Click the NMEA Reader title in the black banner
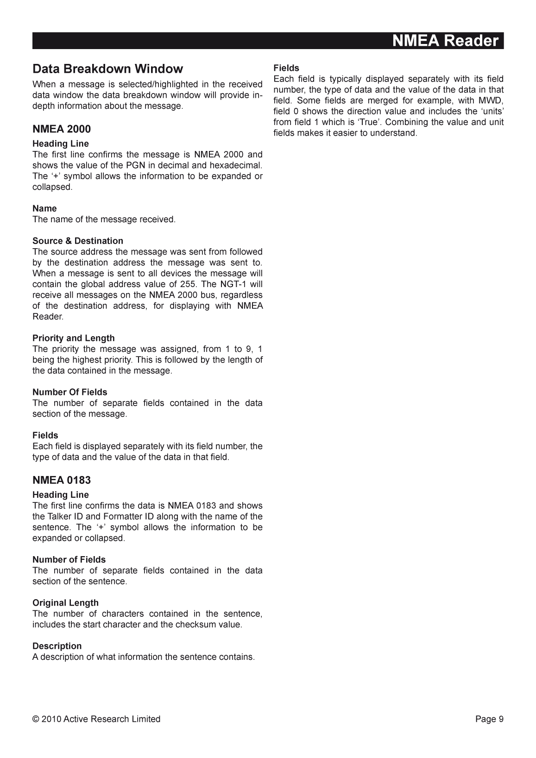click(445, 41)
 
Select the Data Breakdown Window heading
click(107, 69)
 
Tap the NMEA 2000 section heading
click(62, 129)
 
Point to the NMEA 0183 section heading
click(62, 480)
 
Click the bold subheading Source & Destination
click(78, 241)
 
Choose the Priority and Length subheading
click(73, 338)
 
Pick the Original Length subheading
click(65, 603)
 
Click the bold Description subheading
click(57, 646)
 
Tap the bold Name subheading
click(44, 208)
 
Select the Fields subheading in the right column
click(286, 68)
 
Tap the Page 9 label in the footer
click(489, 719)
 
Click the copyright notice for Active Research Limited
click(96, 719)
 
